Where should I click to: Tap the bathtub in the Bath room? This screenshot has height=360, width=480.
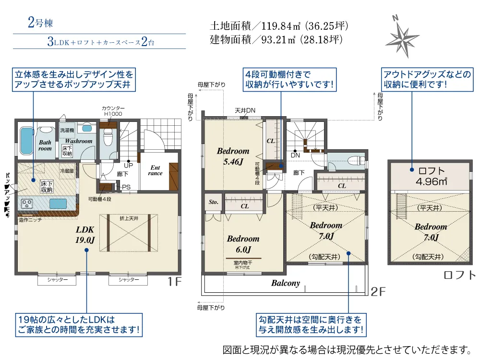coord(27,140)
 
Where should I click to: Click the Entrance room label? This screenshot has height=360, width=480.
coord(156,170)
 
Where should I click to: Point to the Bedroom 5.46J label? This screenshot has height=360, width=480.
coord(233,156)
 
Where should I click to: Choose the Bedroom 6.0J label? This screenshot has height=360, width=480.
coord(243,244)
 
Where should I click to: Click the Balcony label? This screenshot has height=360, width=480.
coord(285,283)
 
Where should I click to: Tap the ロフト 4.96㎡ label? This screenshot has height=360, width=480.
coord(432,176)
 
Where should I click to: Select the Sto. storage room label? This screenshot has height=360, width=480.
coord(214,203)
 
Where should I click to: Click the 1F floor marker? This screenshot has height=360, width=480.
coord(175,282)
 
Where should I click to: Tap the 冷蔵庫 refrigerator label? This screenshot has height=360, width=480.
coord(67,171)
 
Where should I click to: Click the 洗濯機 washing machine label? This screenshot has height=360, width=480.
coord(67,130)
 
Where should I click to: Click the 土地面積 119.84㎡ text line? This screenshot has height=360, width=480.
coord(279,26)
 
